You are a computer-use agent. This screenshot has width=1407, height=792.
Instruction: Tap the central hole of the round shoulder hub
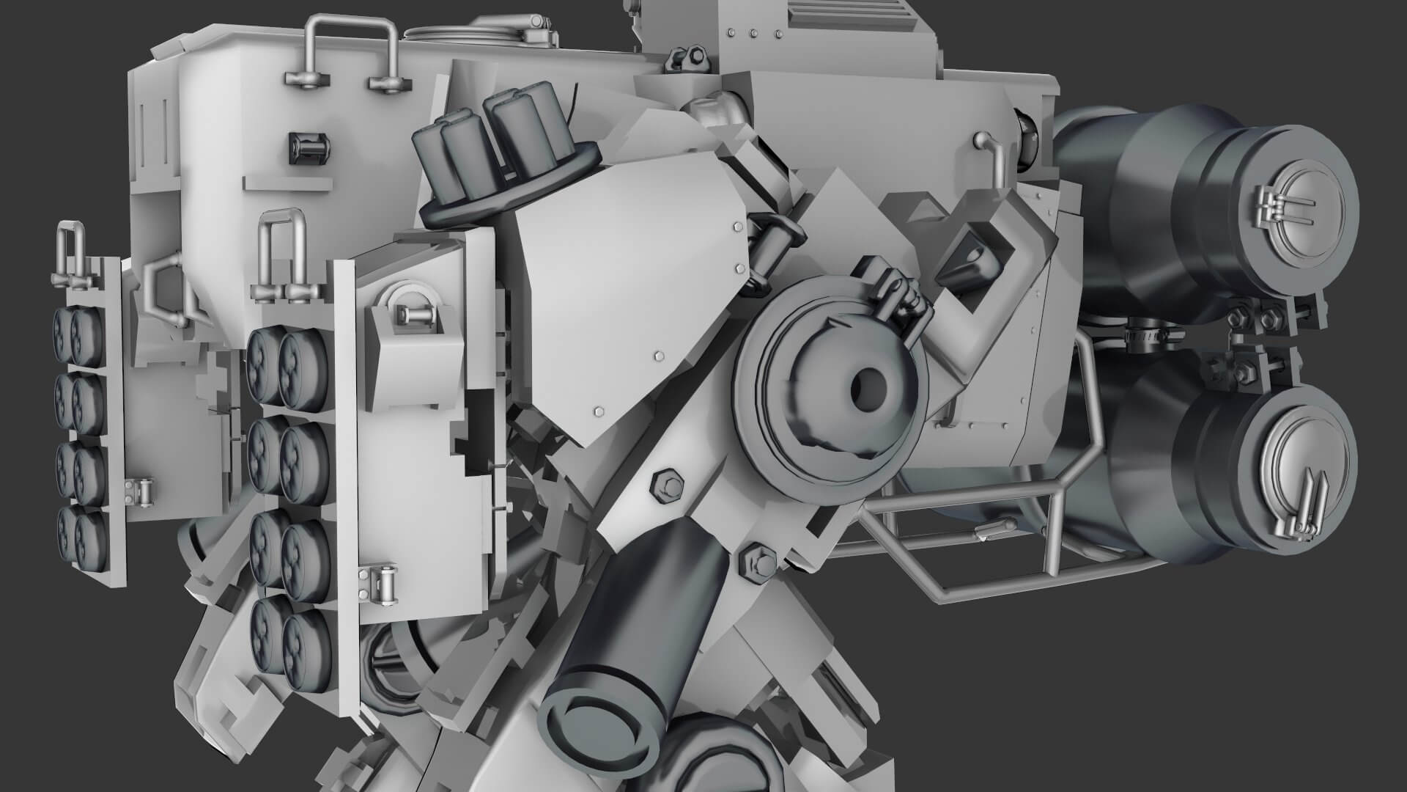tap(868, 389)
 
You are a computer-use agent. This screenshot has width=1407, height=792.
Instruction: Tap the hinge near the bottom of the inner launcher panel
tap(381, 583)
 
